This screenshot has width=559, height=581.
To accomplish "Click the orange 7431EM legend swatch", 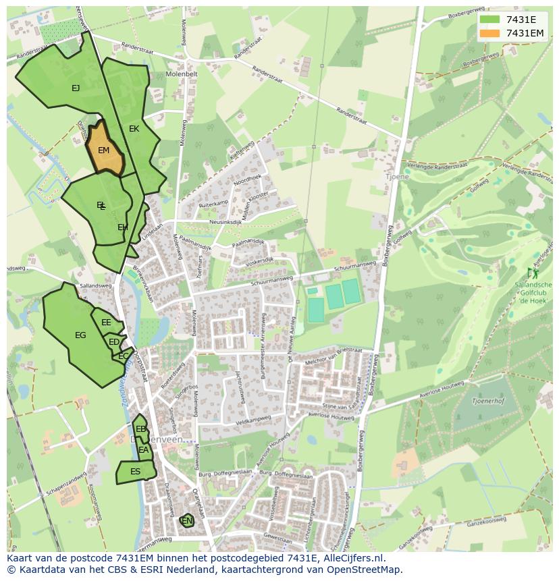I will pyautogui.click(x=490, y=34).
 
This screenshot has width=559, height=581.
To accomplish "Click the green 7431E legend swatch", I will pyautogui.click(x=490, y=20).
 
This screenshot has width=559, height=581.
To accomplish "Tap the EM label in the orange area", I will pyautogui.click(x=103, y=150).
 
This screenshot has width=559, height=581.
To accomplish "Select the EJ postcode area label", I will pyautogui.click(x=76, y=88).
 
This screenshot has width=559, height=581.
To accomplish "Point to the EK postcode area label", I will pyautogui.click(x=134, y=129).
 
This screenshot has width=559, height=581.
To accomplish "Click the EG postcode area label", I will pyautogui.click(x=80, y=335).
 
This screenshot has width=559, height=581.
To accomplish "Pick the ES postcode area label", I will pyautogui.click(x=135, y=472).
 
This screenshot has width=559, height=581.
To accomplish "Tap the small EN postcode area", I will pyautogui.click(x=187, y=521).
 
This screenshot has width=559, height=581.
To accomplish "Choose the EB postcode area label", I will pyautogui.click(x=140, y=429).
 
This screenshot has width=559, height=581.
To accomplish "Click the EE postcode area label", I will pyautogui.click(x=106, y=323).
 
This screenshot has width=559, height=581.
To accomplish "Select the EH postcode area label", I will pyautogui.click(x=123, y=228).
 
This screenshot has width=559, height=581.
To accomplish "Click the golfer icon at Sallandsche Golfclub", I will pyautogui.click(x=533, y=273).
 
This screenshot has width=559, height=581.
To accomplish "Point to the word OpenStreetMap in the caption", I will pyautogui.click(x=365, y=570).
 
